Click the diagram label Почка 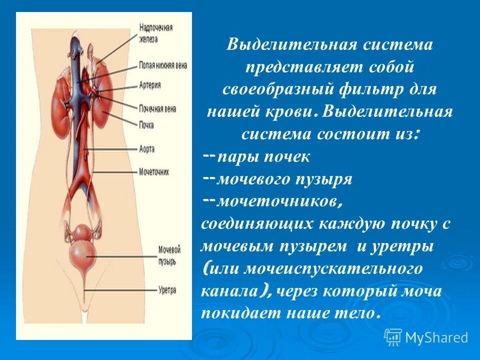click(x=146, y=124)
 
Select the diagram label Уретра click(x=165, y=289)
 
